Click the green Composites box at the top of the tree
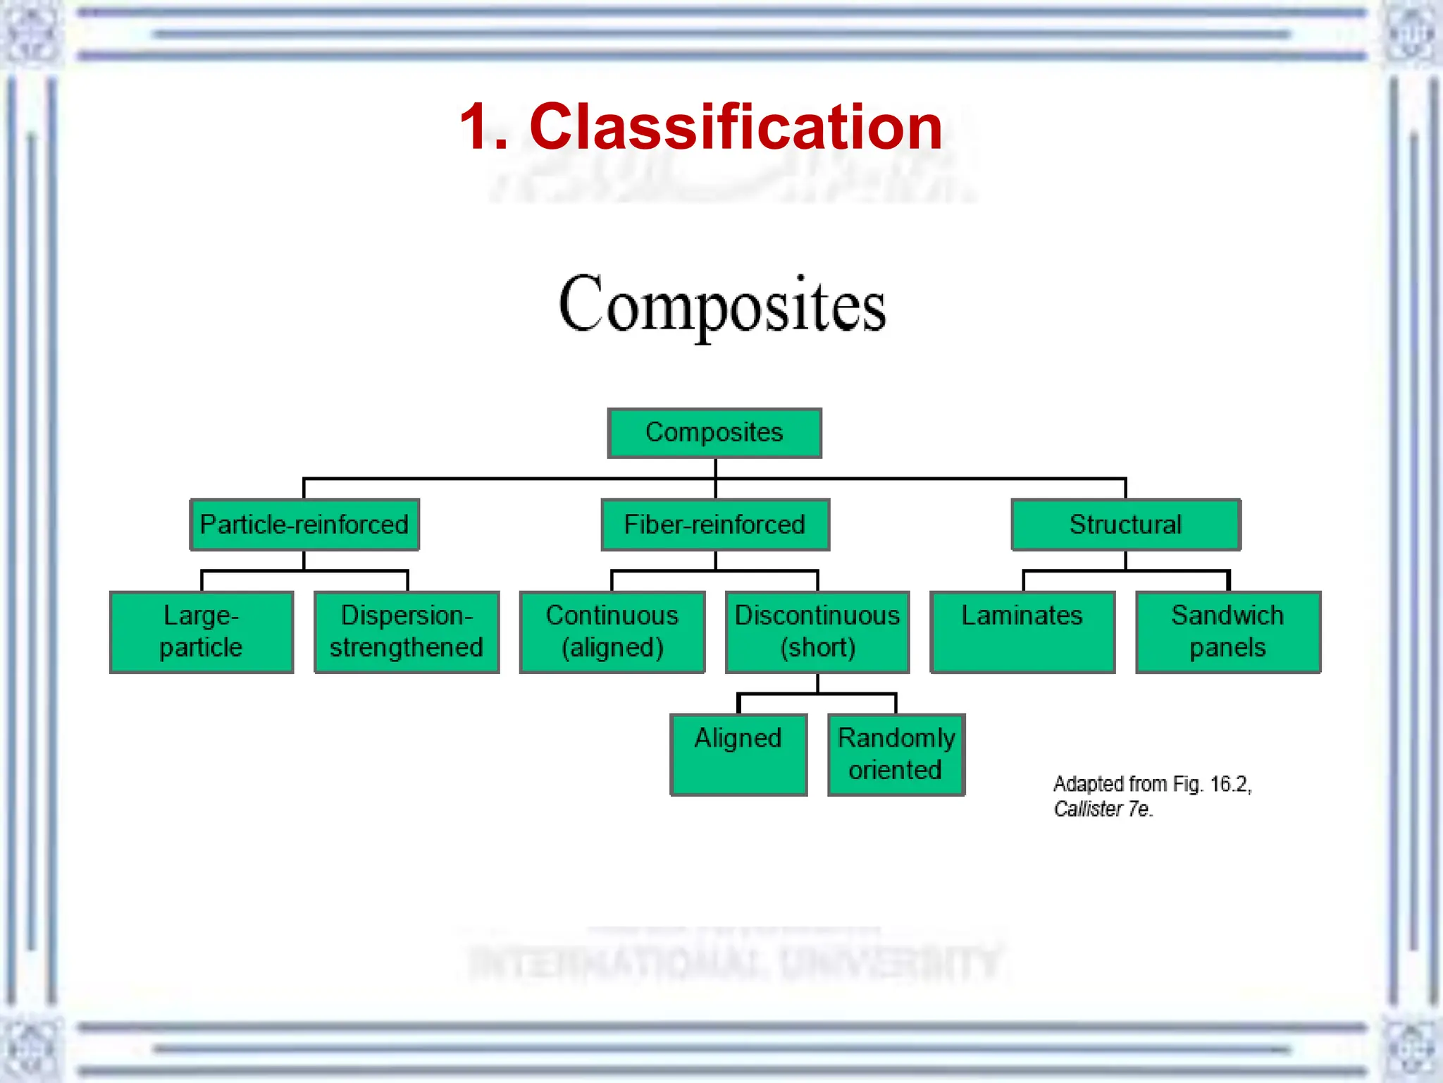point(714,433)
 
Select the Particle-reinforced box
point(304,525)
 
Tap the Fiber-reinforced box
point(715,525)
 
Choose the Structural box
point(1125,525)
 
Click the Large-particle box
point(202,632)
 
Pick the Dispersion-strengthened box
point(407,632)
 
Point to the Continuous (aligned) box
point(612,632)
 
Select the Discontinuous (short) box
point(817,632)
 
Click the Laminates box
point(1022,632)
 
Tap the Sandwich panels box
point(1228,632)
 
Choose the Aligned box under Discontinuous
point(738,754)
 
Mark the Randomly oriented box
point(896,754)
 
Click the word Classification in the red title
point(736,127)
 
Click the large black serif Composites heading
point(722,305)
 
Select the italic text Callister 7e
point(1103,809)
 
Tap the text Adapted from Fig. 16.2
point(1152,784)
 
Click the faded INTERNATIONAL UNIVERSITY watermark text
point(735,962)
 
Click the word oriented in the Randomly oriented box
point(895,770)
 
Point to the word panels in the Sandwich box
point(1227,647)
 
